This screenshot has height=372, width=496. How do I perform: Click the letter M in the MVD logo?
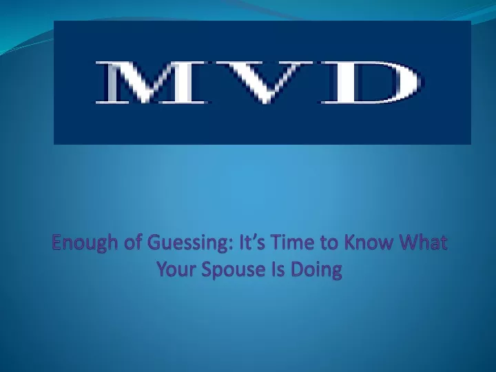[152, 83]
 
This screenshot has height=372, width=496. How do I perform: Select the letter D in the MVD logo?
[372, 83]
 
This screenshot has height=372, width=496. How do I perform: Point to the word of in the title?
[133, 242]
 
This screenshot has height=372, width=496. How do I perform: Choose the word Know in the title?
[369, 242]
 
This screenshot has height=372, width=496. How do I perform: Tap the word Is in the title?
[278, 269]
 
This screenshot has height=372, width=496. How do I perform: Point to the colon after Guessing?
[234, 245]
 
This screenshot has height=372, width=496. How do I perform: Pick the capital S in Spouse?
[207, 270]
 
